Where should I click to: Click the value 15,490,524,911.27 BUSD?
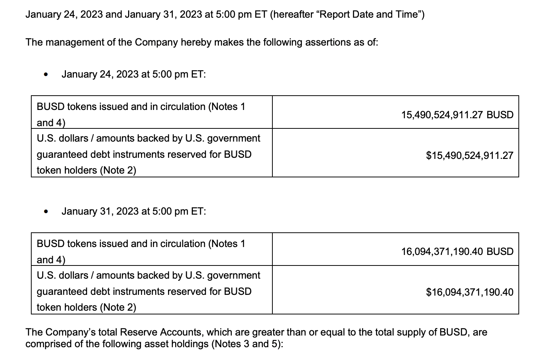[457, 115]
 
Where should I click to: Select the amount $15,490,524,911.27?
[469, 156]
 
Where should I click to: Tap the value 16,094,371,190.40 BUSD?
[457, 252]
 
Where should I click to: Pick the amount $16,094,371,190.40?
[469, 292]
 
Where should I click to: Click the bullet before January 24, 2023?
[46, 75]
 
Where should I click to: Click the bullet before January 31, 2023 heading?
[46, 212]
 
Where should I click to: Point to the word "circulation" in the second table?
[182, 244]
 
